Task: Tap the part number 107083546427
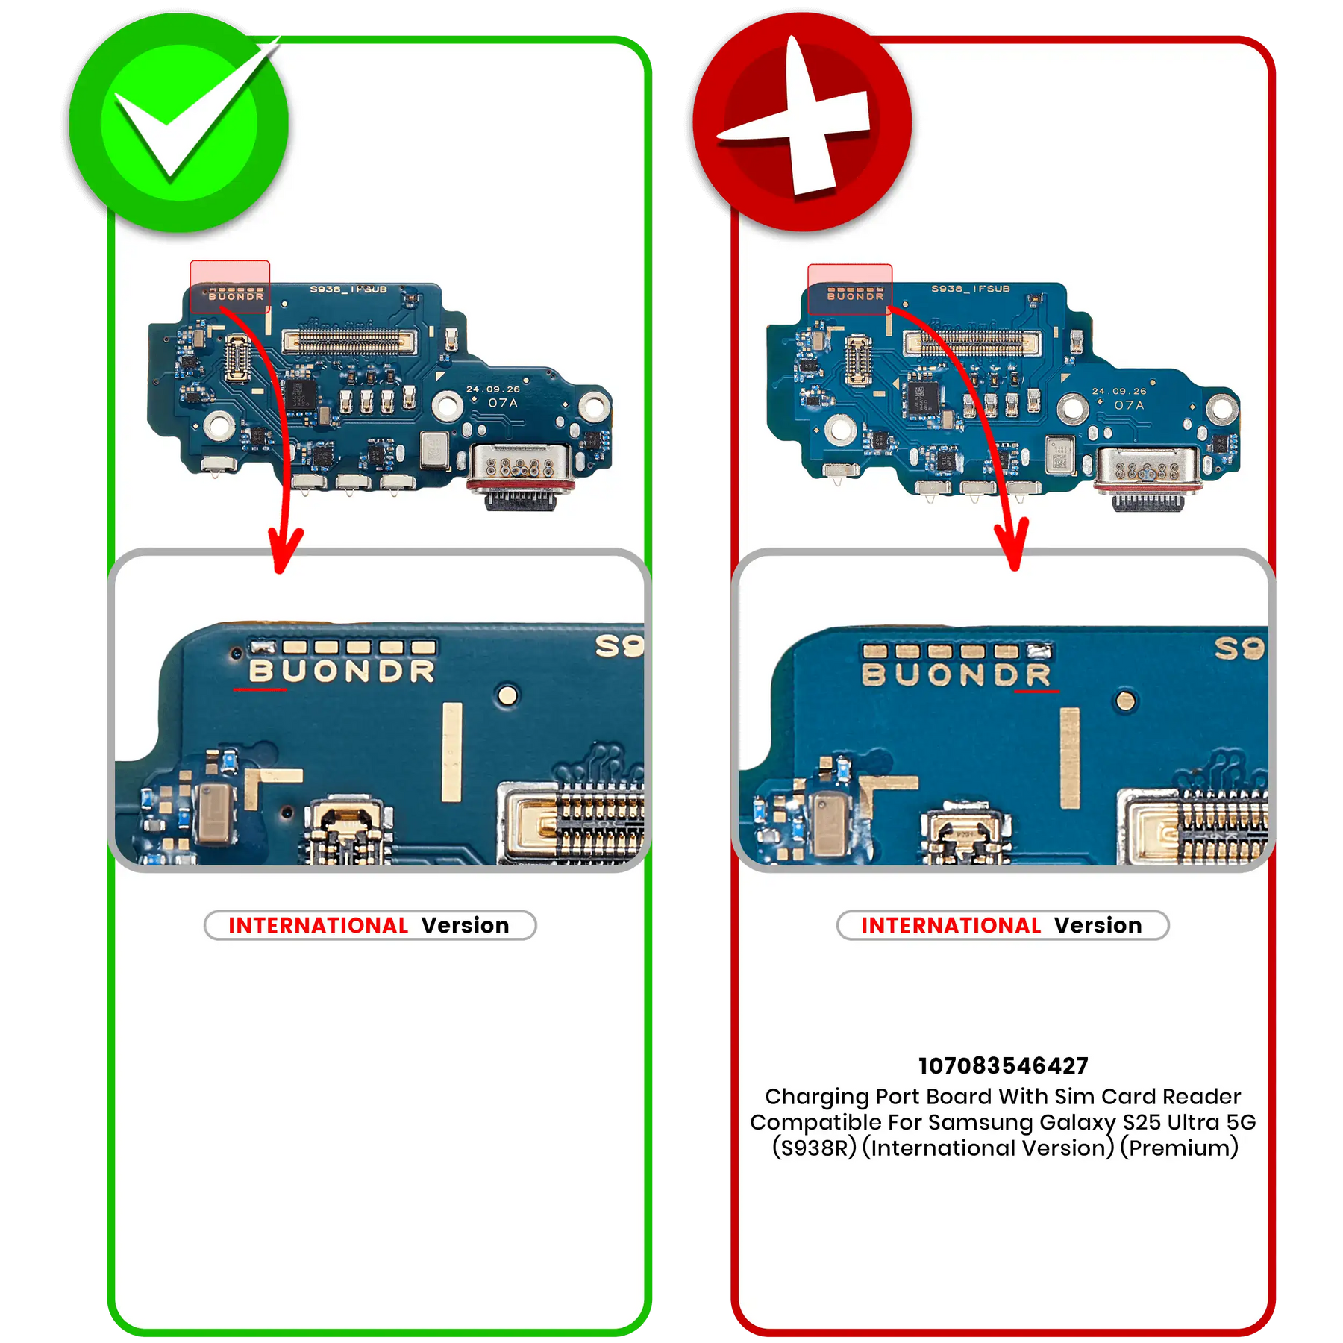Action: pos(1003,1065)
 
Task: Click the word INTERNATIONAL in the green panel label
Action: pos(318,925)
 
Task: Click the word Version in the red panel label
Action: pos(1098,925)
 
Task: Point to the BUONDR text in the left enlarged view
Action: pos(342,671)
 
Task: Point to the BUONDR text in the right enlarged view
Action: pos(956,674)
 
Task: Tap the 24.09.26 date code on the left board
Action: pos(493,389)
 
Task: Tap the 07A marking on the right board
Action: pos(1129,404)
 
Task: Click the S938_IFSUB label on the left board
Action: pos(348,289)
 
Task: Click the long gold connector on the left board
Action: pos(348,342)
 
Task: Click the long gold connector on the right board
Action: pos(971,343)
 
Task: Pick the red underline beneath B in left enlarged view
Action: pos(260,689)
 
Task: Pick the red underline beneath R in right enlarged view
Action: pos(1036,692)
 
